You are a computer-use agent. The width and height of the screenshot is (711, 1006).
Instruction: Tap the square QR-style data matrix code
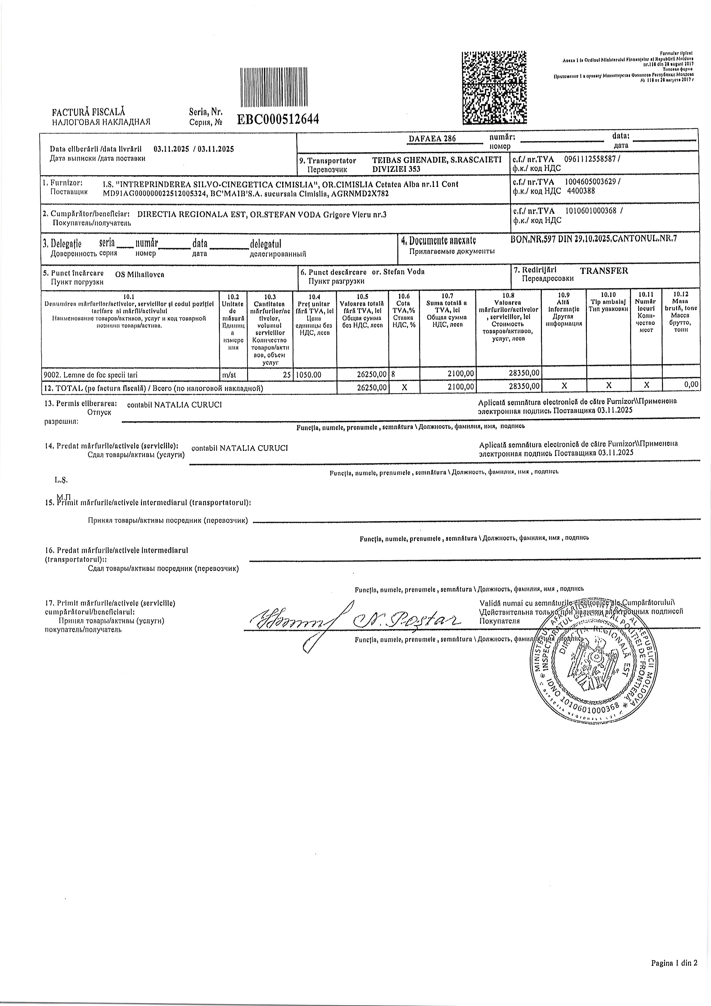pos(494,88)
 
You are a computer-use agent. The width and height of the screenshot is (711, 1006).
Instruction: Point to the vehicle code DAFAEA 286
pos(432,139)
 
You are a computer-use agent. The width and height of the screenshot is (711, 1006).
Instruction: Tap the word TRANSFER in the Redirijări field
pos(604,271)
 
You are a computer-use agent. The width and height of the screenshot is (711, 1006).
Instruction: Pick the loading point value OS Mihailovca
pos(139,275)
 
